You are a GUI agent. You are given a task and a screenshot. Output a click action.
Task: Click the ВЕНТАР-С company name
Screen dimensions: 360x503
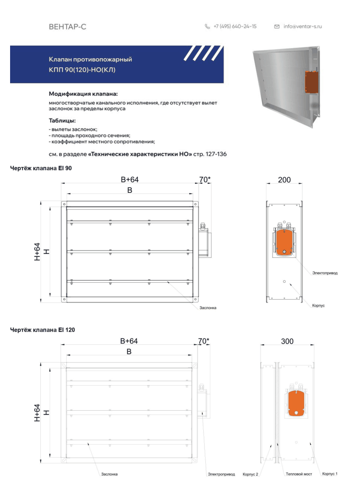[x=67, y=26]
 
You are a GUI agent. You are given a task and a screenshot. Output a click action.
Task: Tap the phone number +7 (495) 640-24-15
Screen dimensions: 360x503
[x=235, y=26]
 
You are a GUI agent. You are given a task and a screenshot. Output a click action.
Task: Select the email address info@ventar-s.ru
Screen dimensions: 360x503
[x=302, y=26]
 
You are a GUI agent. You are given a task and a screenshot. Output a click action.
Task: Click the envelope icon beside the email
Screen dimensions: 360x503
[x=277, y=26]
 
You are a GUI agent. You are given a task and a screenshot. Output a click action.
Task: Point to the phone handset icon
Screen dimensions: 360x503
[x=208, y=26]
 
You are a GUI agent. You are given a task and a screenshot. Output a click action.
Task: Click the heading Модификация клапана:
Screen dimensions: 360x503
[x=83, y=94]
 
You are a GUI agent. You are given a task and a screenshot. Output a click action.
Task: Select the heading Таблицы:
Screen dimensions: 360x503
[x=62, y=121]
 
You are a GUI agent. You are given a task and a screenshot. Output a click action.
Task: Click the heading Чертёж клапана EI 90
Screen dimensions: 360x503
[x=41, y=168]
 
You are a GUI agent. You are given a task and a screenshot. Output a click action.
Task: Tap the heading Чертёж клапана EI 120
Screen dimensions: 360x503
[x=43, y=330]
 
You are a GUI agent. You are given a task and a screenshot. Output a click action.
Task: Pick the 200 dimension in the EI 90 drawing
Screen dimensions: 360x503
[x=285, y=180]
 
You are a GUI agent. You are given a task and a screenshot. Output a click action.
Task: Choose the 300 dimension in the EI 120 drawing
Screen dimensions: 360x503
[x=287, y=341]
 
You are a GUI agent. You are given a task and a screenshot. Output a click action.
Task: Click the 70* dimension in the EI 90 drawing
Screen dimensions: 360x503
[x=205, y=179]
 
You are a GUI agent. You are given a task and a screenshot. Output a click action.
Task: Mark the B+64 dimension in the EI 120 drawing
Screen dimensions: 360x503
[x=129, y=341]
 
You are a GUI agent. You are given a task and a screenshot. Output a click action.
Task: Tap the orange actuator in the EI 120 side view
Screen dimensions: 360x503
[x=296, y=403]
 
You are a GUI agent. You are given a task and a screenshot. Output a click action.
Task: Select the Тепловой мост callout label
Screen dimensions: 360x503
[x=299, y=474]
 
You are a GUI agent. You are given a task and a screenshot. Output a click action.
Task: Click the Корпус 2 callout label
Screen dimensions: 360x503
[x=250, y=474]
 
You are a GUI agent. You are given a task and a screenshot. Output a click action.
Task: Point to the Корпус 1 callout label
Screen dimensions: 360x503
[x=330, y=474]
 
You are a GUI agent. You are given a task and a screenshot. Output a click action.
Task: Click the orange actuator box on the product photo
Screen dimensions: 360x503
[x=311, y=82]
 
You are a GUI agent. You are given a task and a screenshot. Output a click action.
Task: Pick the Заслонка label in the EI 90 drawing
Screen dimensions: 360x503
[x=208, y=308]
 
